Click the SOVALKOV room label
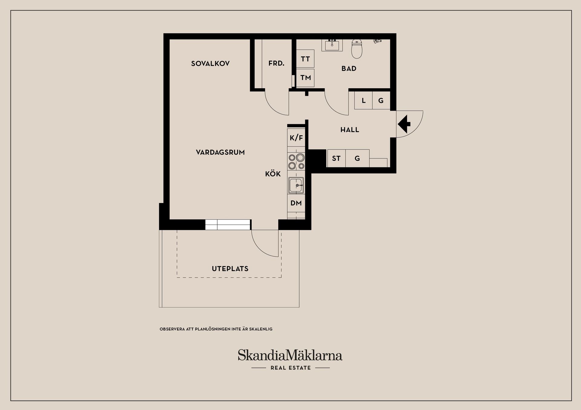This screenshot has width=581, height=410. click(210, 64)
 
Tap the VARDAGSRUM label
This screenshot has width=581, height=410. click(220, 152)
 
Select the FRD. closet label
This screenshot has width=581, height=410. click(276, 64)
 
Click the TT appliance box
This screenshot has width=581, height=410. click(305, 59)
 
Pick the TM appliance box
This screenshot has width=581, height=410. click(305, 78)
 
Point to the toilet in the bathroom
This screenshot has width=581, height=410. click(357, 49)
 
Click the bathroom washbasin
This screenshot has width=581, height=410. click(332, 45)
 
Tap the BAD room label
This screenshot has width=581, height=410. click(349, 69)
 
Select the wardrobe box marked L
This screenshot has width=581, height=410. click(363, 101)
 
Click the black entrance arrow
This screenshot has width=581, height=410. click(404, 124)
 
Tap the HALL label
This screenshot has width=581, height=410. click(350, 130)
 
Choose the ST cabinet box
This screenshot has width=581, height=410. click(336, 158)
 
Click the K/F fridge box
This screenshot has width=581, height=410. click(296, 138)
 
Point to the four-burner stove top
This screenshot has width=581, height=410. click(296, 161)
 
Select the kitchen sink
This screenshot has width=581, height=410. click(296, 185)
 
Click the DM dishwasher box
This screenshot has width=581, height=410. click(296, 203)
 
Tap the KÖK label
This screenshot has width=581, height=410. click(273, 174)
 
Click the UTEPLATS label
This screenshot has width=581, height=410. click(230, 269)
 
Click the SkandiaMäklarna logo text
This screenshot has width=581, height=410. click(290, 355)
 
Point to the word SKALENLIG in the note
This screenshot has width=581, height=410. click(261, 329)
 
